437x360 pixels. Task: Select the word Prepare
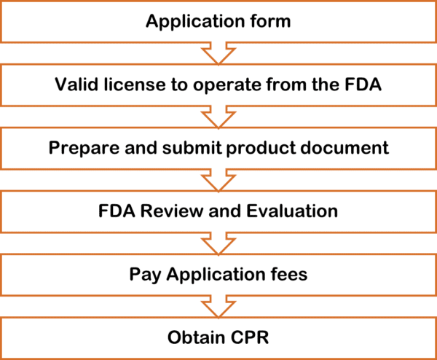(x=80, y=148)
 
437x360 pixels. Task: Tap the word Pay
(x=144, y=275)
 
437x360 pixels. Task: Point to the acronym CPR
(x=253, y=338)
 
